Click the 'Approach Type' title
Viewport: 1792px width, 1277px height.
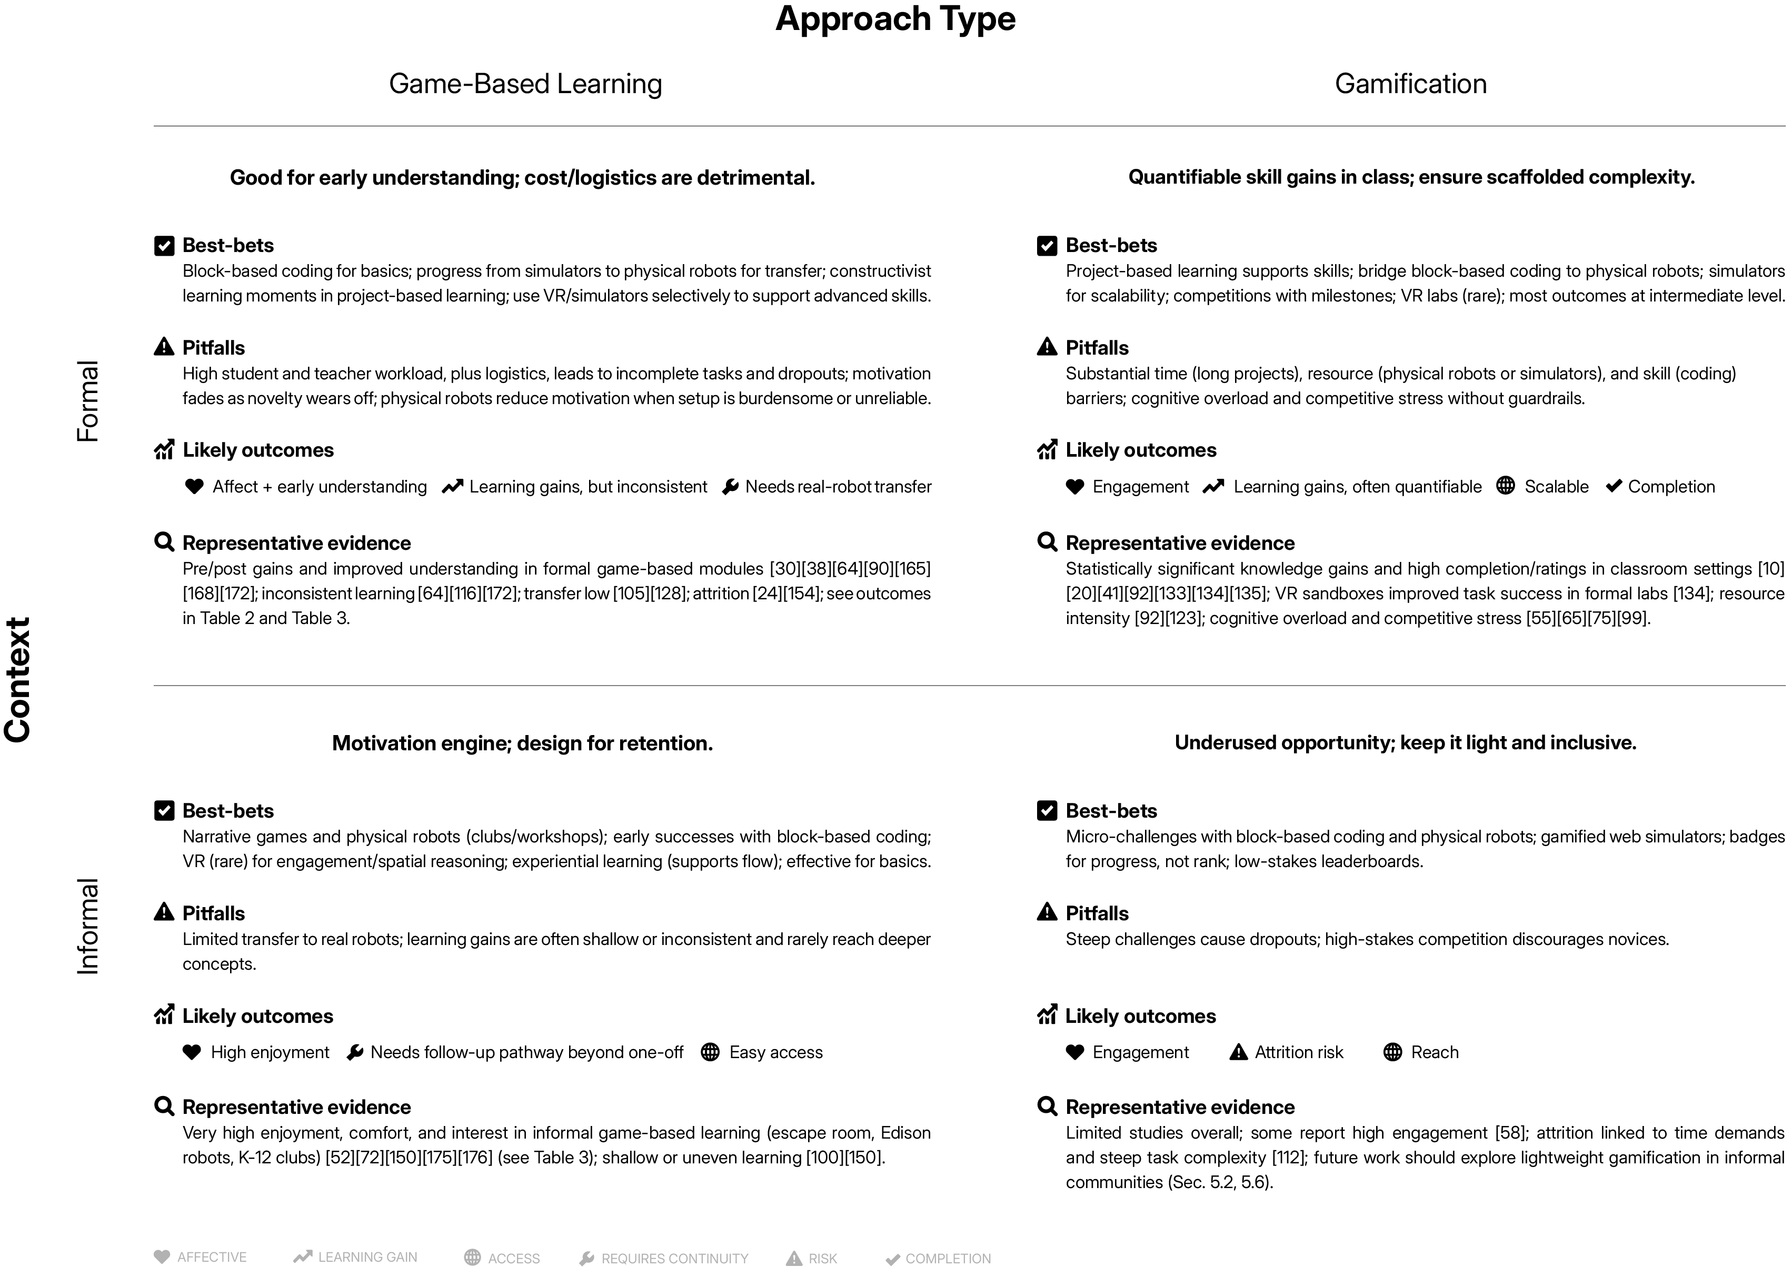point(895,19)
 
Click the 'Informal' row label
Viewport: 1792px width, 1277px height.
point(87,926)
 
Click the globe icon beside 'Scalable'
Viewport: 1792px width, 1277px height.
point(1505,486)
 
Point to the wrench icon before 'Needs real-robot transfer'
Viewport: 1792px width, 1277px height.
point(730,487)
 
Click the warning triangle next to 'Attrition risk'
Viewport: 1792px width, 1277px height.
point(1238,1052)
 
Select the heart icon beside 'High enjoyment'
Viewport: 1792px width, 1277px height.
point(192,1052)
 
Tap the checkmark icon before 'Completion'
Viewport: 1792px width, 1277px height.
point(1614,486)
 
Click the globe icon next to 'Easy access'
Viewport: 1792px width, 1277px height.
point(710,1052)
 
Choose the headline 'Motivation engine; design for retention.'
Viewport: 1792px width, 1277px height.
point(522,743)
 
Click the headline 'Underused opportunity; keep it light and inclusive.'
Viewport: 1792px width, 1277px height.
point(1405,743)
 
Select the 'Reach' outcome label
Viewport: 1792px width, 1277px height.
point(1434,1052)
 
